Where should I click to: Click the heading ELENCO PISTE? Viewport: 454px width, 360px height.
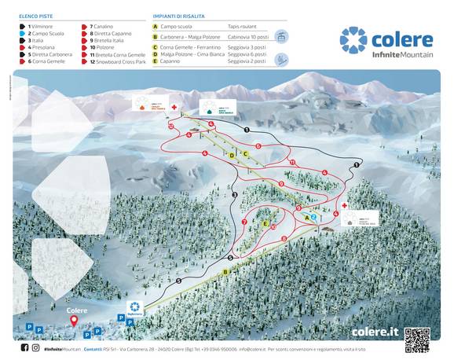pyautogui.click(x=35, y=16)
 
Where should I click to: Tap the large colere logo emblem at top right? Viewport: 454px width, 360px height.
pyautogui.click(x=353, y=40)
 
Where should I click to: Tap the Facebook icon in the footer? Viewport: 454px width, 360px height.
pyautogui.click(x=24, y=347)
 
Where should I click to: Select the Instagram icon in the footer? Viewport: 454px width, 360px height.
pyautogui.click(x=35, y=347)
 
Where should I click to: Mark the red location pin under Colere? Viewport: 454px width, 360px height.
pyautogui.click(x=74, y=320)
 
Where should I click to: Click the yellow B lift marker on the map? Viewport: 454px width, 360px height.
pyautogui.click(x=225, y=272)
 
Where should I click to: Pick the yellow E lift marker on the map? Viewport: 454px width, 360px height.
pyautogui.click(x=265, y=224)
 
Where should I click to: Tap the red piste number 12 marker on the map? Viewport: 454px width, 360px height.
pyautogui.click(x=170, y=125)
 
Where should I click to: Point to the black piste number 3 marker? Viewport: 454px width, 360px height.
pyautogui.click(x=235, y=194)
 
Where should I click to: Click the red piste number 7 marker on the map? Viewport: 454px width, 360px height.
pyautogui.click(x=244, y=222)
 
